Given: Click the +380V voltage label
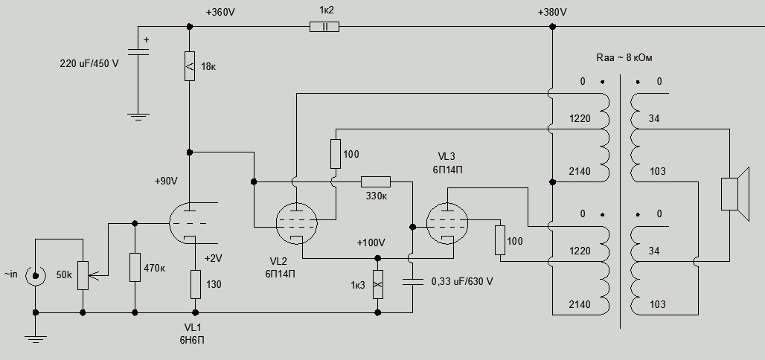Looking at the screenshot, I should coord(551,13).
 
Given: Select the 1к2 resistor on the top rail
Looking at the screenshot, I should coord(324,27).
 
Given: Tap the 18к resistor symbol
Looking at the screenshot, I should coord(189,66).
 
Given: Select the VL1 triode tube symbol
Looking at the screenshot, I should coord(189,222).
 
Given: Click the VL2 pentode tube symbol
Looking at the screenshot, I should coord(296,222).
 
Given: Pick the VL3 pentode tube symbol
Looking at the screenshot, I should coord(449,222).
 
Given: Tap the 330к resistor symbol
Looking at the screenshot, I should coord(375,181).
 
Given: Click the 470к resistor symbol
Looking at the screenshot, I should coord(135,267).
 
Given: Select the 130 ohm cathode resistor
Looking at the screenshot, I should coord(195,283).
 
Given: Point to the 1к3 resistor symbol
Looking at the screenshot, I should coord(377,283).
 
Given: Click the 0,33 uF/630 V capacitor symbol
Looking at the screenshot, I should coord(412,282).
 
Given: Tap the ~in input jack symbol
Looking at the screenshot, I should coord(34,275).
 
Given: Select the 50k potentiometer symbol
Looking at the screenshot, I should coord(83,275).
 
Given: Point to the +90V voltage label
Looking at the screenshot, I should coord(167,181).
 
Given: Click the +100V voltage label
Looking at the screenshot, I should coord(371,243).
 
